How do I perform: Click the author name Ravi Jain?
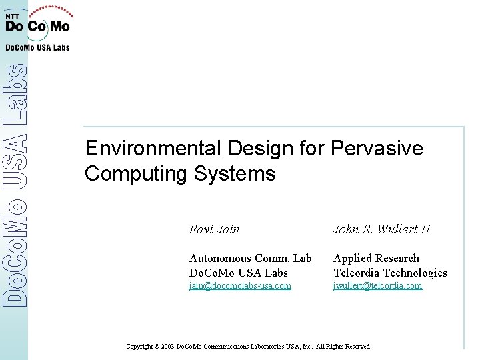pos(215,229)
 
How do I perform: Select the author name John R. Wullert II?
pos(381,229)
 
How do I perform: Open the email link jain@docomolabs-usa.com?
pos(240,286)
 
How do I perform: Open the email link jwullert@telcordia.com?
pos(377,286)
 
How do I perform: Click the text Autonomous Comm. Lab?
pos(250,258)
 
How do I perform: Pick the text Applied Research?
pos(376,258)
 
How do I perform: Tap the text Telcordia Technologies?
pos(390,273)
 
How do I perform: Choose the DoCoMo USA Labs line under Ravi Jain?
pos(238,273)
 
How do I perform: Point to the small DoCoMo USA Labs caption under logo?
pos(37,47)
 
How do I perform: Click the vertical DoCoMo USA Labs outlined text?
pos(15,185)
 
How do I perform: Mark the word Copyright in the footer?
pos(139,347)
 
